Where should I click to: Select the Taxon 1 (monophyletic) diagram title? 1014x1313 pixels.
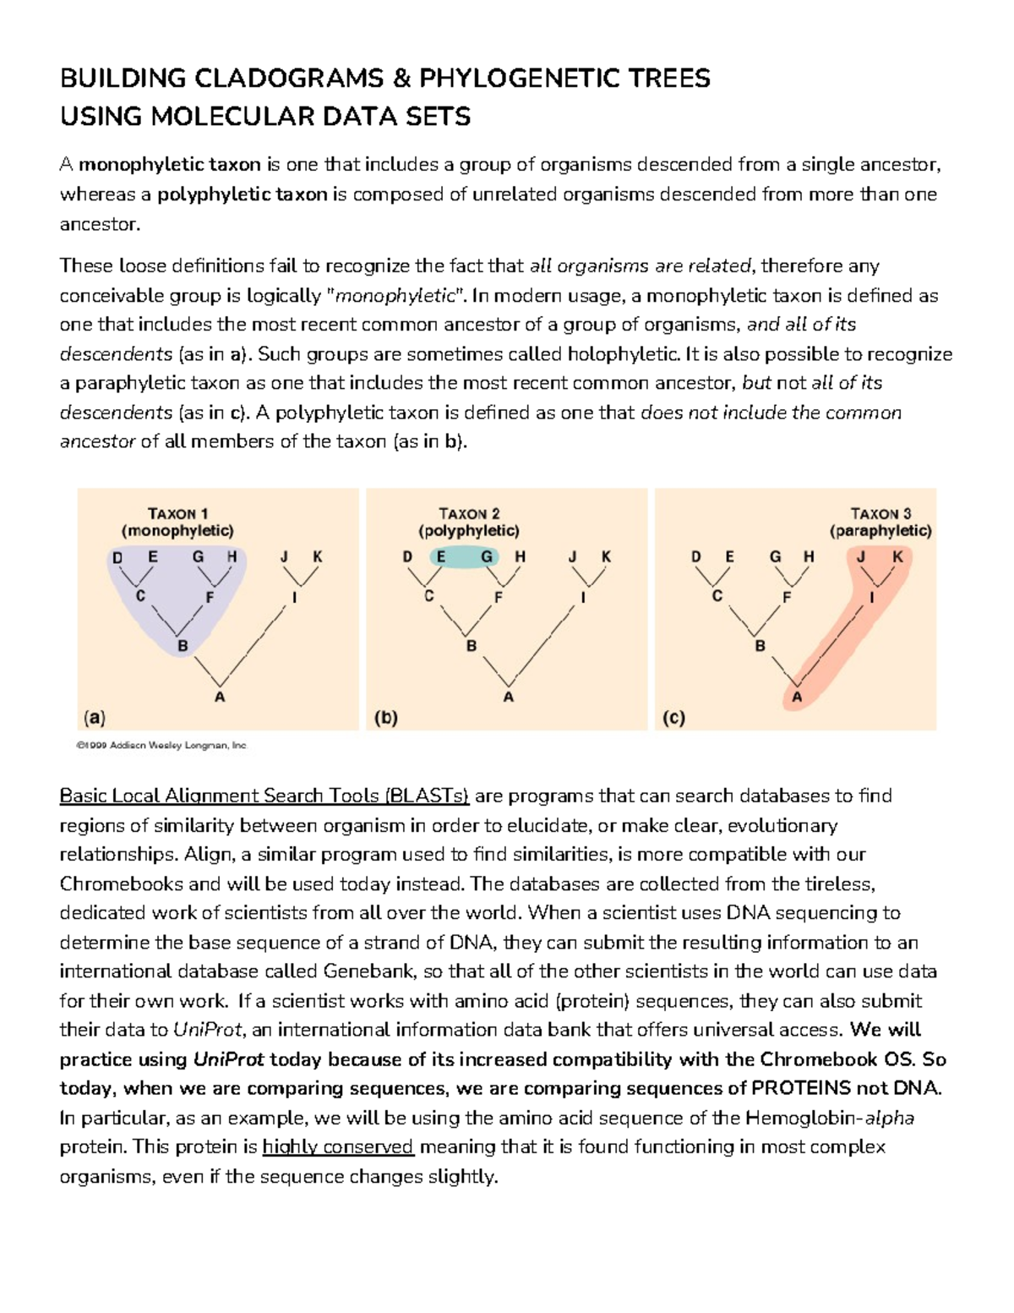point(177,522)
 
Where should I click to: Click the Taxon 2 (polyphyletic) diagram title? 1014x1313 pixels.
point(469,522)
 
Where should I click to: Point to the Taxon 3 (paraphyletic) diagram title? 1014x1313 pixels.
point(880,522)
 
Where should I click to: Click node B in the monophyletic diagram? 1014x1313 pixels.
point(182,647)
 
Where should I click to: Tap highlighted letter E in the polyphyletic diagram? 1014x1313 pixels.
point(441,557)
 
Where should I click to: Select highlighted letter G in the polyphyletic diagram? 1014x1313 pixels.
point(487,557)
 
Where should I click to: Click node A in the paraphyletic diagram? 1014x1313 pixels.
point(796,698)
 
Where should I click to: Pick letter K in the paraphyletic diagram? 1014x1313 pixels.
point(897,557)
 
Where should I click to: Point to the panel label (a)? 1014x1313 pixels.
point(94,718)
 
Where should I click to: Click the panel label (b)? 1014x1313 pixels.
point(385,718)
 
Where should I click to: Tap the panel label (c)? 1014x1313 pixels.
point(673,718)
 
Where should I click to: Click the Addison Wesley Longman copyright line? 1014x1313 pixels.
point(161,746)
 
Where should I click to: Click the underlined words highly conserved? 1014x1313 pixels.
point(338,1147)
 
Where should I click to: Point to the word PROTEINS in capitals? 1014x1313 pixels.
point(800,1088)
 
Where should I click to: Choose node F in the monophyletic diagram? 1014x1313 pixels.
point(210,597)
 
